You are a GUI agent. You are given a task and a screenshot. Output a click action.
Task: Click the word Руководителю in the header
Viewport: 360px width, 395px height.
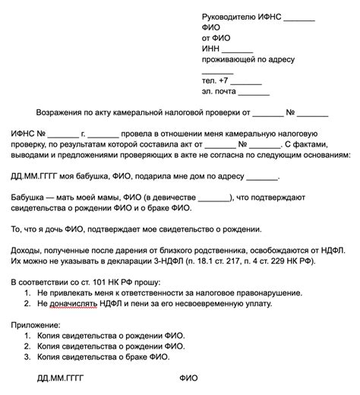230,17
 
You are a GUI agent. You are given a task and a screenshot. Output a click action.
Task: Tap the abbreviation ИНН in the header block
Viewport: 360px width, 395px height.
210,46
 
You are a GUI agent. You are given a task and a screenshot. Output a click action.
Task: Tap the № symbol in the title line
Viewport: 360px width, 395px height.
291,115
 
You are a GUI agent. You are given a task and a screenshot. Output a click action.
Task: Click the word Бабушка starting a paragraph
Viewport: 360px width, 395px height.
28,196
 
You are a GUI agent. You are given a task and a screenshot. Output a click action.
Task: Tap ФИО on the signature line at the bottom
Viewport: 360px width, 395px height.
188,378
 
